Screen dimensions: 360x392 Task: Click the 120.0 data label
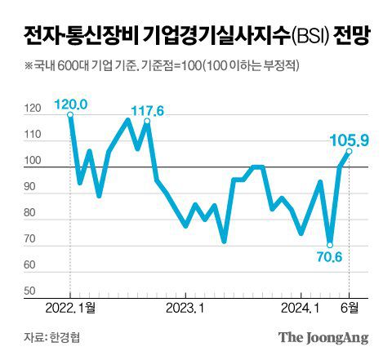[x=71, y=104]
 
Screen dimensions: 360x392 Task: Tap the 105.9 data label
[x=350, y=140]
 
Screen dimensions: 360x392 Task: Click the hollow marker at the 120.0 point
[x=70, y=115]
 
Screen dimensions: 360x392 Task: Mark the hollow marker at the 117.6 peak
[x=147, y=121]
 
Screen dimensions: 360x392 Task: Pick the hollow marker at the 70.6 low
[x=330, y=243]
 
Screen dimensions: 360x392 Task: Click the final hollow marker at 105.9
[x=349, y=151]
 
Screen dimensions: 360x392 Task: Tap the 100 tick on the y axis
[x=33, y=162]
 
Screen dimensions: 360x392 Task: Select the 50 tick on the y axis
[x=30, y=291]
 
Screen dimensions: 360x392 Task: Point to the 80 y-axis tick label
[x=30, y=214]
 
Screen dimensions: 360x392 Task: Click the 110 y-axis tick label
[x=33, y=136]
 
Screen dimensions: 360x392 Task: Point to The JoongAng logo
[x=323, y=337]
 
